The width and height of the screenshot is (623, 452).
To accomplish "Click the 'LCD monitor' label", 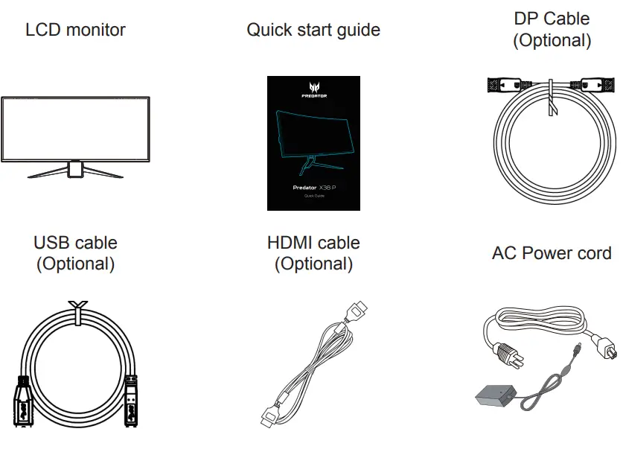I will (x=75, y=31).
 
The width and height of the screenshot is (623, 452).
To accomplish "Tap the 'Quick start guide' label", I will (x=313, y=31).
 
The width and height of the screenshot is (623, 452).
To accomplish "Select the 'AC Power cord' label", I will (x=552, y=253).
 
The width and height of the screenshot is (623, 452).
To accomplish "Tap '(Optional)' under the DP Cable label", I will (x=552, y=40).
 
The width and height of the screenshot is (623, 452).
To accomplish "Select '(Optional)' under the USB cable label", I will (x=75, y=264).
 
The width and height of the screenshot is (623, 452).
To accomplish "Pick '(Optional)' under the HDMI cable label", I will (x=313, y=264).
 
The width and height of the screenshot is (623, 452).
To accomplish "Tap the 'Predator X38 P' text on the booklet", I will (x=313, y=188).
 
